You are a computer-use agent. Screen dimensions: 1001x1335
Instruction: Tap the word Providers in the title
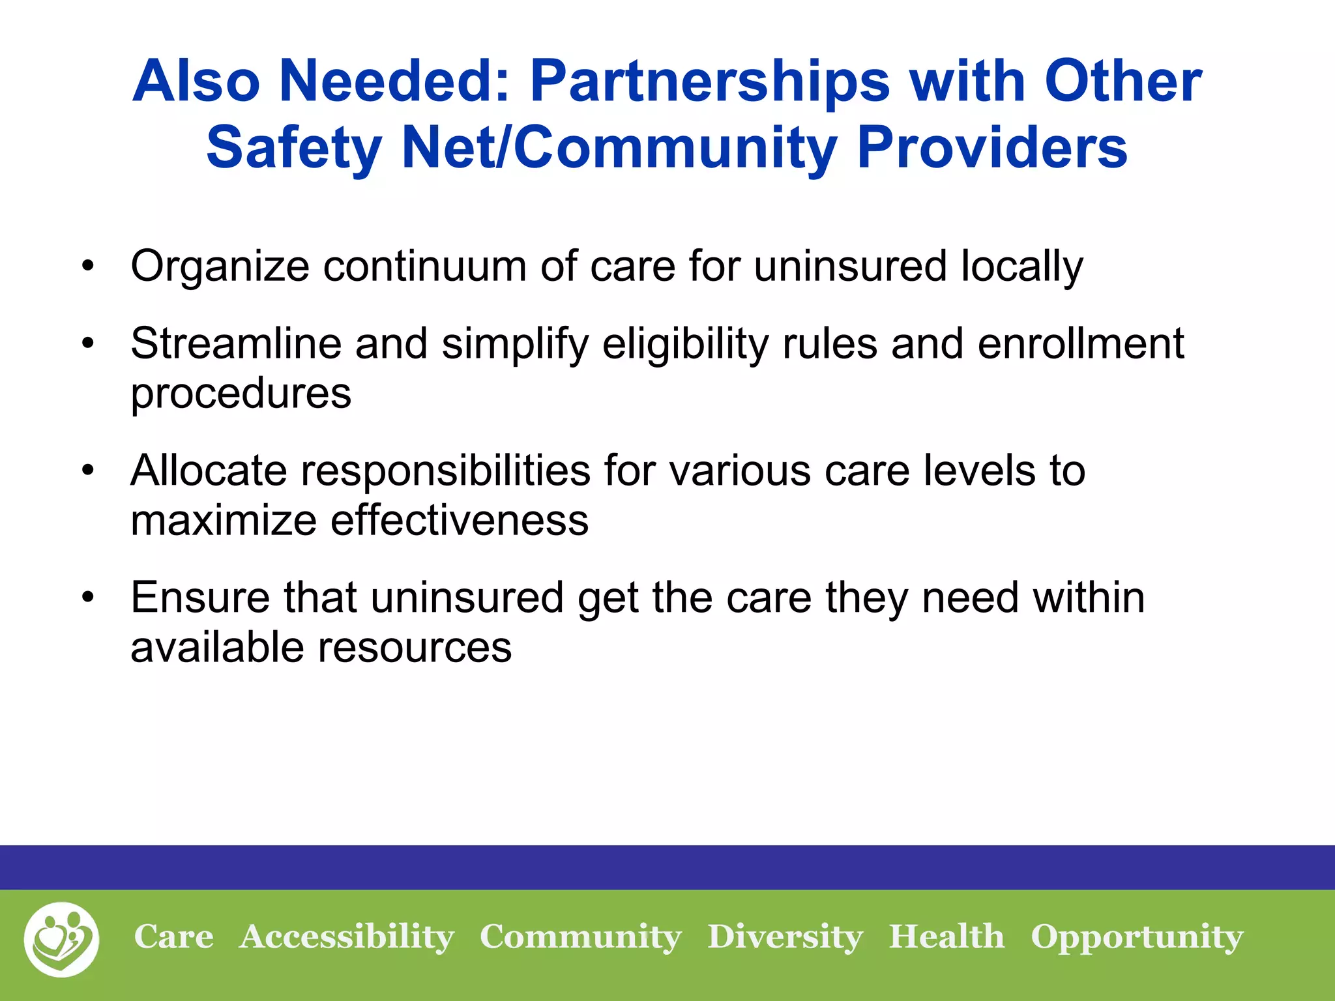point(991,148)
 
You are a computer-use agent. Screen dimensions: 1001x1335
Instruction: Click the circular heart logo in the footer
point(62,939)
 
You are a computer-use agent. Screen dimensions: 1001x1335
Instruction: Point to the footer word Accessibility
point(347,938)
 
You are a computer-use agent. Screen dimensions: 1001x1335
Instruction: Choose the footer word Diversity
point(785,937)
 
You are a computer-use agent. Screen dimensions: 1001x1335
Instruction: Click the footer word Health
point(946,936)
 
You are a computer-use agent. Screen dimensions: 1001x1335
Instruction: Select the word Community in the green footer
point(580,938)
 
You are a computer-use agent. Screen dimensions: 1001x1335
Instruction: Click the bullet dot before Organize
point(89,267)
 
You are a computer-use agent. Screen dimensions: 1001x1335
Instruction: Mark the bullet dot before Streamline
point(89,343)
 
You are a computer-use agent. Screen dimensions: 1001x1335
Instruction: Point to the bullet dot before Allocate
point(89,471)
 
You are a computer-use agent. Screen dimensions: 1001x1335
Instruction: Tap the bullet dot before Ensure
point(89,598)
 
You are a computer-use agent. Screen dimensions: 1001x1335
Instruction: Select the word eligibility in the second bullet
point(685,344)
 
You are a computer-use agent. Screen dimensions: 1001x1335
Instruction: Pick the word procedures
point(241,394)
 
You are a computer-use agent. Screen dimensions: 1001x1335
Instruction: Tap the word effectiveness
point(459,521)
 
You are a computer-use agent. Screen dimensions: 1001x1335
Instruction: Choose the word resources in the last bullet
point(415,648)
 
